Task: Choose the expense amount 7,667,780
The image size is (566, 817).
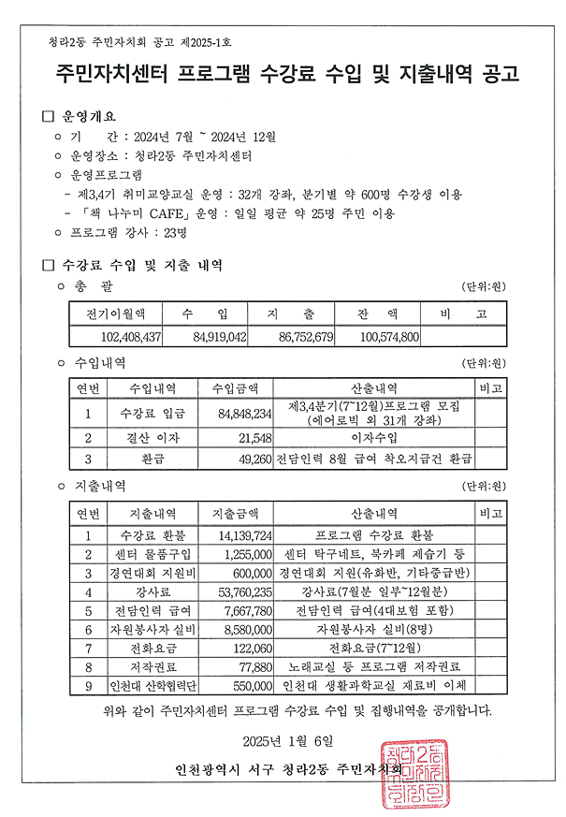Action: click(246, 610)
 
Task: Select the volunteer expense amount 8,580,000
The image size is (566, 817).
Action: click(246, 629)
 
